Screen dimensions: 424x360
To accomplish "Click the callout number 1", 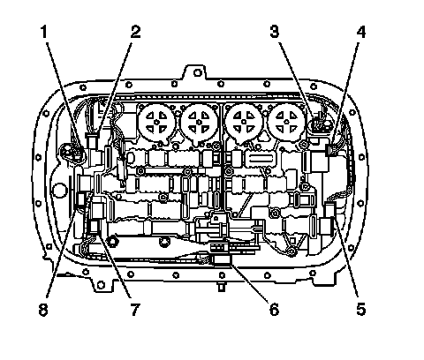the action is pos(43,32).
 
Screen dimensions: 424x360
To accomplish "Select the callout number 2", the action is pos(135,32).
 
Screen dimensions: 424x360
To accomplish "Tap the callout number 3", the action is pos(275,32).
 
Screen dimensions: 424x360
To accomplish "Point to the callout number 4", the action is pos(361,32).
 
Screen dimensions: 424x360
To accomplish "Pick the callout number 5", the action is pos(361,309).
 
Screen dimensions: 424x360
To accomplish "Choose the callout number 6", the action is pos(274,309).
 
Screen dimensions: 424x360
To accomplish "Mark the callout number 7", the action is pos(134,309).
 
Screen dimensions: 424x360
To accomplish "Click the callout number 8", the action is pos(43,310).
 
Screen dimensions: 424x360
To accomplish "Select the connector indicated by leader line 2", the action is pos(92,140).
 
